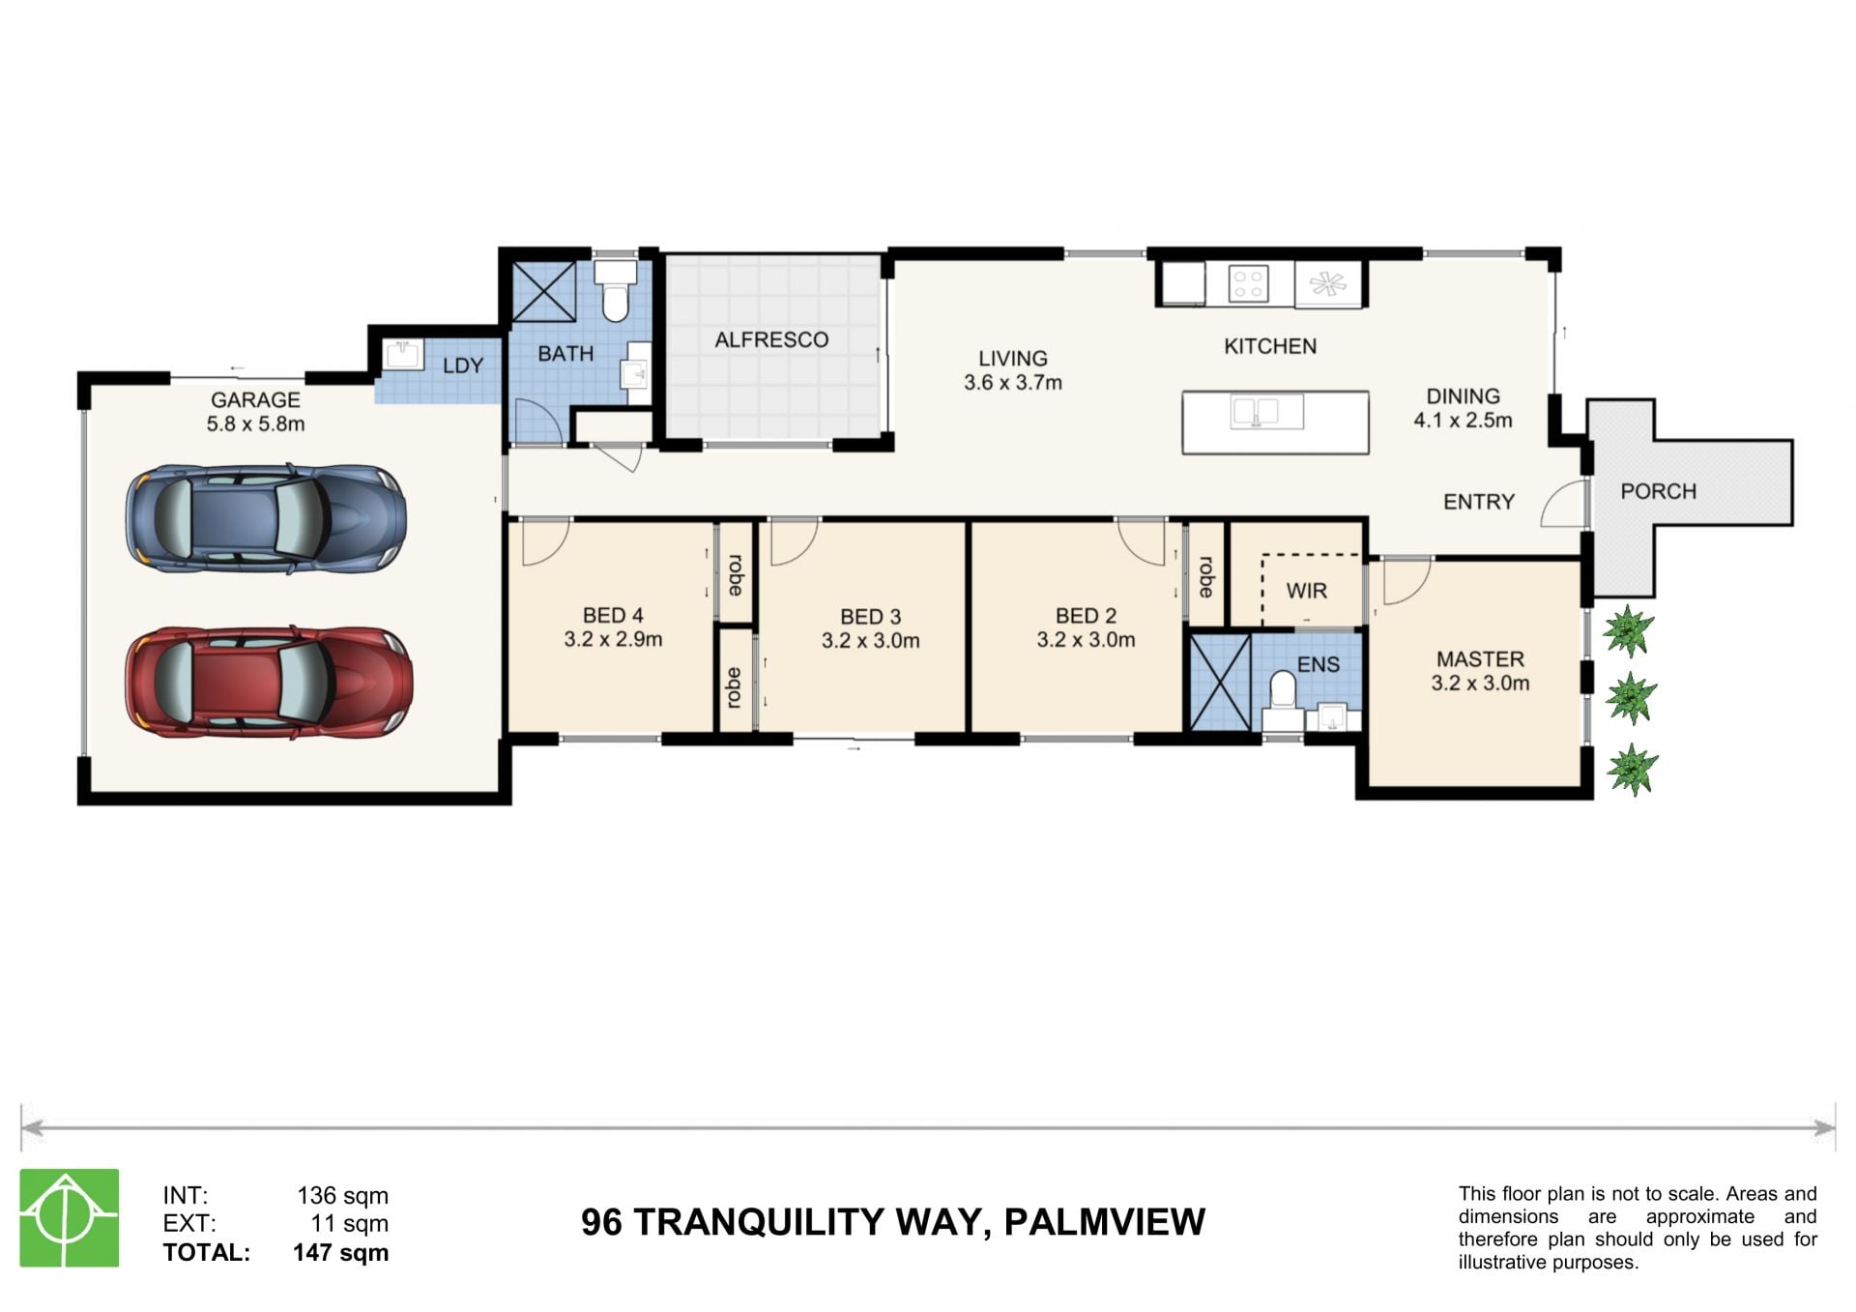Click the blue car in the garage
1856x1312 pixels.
coord(266,519)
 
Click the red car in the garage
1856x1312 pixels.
coord(269,683)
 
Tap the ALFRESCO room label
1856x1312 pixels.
coord(771,340)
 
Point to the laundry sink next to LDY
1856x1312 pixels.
coord(402,354)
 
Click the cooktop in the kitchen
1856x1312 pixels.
coord(1248,284)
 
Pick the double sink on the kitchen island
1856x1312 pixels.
coord(1266,412)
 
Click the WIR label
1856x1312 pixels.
coord(1306,591)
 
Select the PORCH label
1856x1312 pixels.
coord(1658,491)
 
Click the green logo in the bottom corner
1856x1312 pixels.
coord(70,1217)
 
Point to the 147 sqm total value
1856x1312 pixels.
coord(340,1253)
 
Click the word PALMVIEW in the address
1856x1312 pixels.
coord(1105,1222)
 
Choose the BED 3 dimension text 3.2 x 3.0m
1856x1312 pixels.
coord(870,641)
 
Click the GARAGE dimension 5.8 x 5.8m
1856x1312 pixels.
coord(255,424)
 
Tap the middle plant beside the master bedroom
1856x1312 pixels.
coord(1631,698)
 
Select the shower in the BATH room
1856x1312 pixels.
coord(543,291)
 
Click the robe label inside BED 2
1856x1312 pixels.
coord(1205,576)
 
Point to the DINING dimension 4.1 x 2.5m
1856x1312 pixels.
coord(1463,421)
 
